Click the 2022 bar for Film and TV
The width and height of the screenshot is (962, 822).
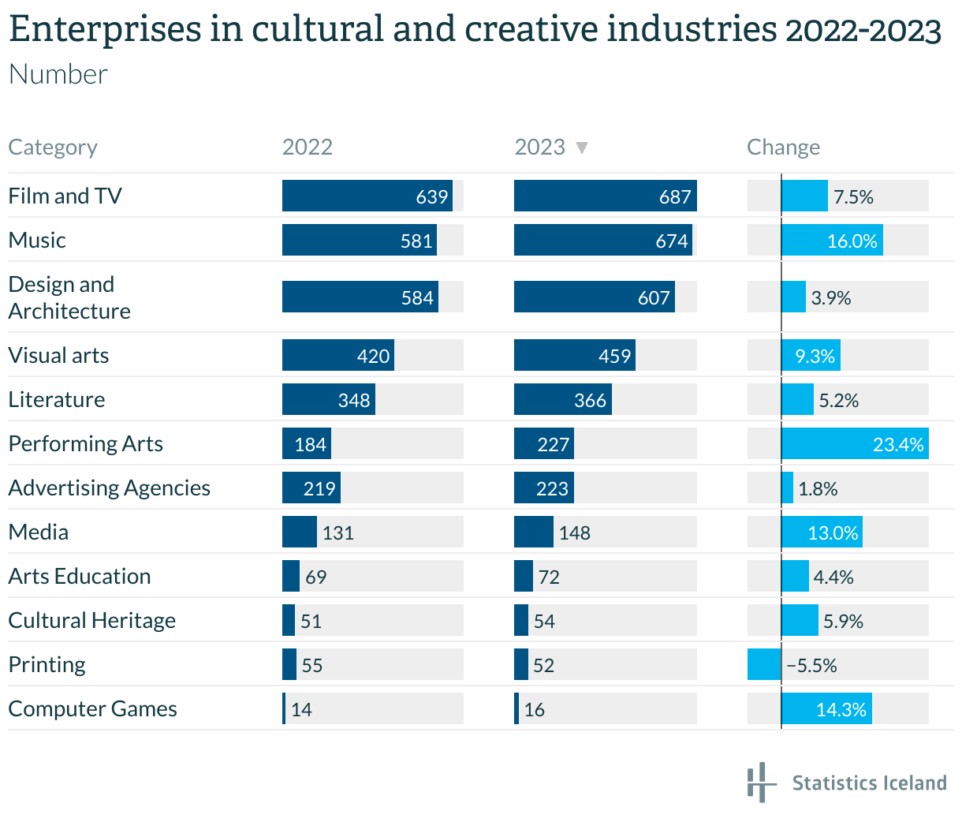pyautogui.click(x=367, y=196)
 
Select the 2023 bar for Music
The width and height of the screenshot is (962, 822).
pyautogui.click(x=602, y=240)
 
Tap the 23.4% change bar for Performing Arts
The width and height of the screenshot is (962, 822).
pyautogui.click(x=855, y=443)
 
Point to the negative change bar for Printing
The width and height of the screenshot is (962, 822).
pyautogui.click(x=764, y=664)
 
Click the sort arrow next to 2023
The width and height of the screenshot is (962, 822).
pyautogui.click(x=582, y=148)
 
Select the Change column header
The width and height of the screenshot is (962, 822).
pyautogui.click(x=783, y=148)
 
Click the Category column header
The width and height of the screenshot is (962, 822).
pyautogui.click(x=53, y=148)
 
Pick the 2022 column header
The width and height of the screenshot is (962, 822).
pyautogui.click(x=308, y=148)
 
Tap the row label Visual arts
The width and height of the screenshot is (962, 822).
pyautogui.click(x=58, y=355)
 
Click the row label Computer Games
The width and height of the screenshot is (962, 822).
pyautogui.click(x=92, y=708)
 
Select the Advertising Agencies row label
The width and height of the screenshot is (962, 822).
pyautogui.click(x=109, y=488)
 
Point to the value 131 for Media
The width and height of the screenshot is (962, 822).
pyautogui.click(x=337, y=532)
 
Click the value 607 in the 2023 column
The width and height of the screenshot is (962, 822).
pyautogui.click(x=654, y=297)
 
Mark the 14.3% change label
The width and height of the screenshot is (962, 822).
pyautogui.click(x=841, y=709)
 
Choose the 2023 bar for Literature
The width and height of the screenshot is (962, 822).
pyautogui.click(x=562, y=399)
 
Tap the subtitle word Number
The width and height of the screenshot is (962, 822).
pyautogui.click(x=58, y=74)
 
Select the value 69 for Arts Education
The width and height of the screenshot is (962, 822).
pyautogui.click(x=315, y=577)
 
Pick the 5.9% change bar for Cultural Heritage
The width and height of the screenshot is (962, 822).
pyautogui.click(x=800, y=620)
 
